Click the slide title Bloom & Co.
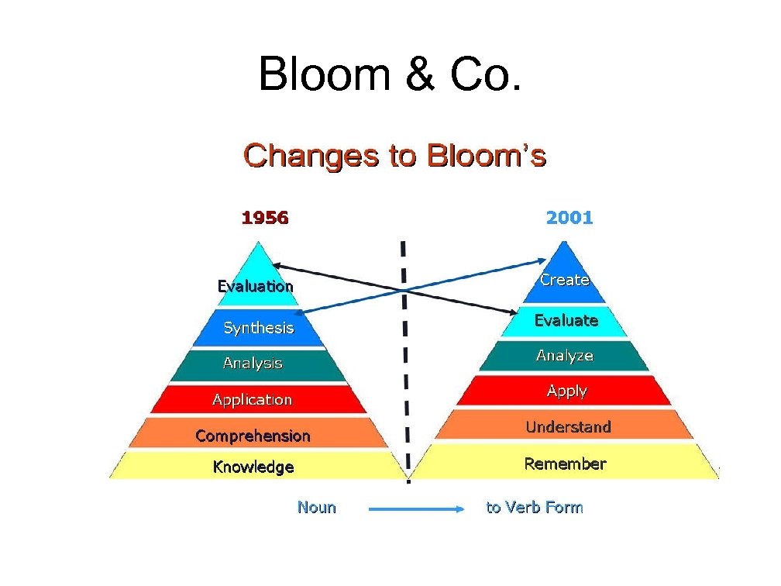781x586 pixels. click(x=390, y=74)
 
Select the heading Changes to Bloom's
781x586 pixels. click(x=395, y=156)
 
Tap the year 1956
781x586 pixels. click(x=265, y=218)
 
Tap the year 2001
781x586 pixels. click(x=569, y=218)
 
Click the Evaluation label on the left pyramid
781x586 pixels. click(x=255, y=286)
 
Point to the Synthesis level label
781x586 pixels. click(x=259, y=328)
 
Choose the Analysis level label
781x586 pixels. click(x=253, y=363)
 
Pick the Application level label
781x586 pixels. click(x=253, y=400)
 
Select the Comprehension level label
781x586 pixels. click(x=253, y=436)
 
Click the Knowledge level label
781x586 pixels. click(x=253, y=467)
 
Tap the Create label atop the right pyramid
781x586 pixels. click(x=565, y=280)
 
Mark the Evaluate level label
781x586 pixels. click(x=566, y=320)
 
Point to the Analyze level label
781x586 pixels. click(x=565, y=356)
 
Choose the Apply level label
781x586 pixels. click(x=566, y=391)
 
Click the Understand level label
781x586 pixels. click(x=568, y=427)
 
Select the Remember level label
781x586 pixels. click(x=565, y=464)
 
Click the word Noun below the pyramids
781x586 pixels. click(x=317, y=508)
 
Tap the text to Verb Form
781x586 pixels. click(x=535, y=508)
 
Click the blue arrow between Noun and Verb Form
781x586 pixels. click(x=415, y=509)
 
